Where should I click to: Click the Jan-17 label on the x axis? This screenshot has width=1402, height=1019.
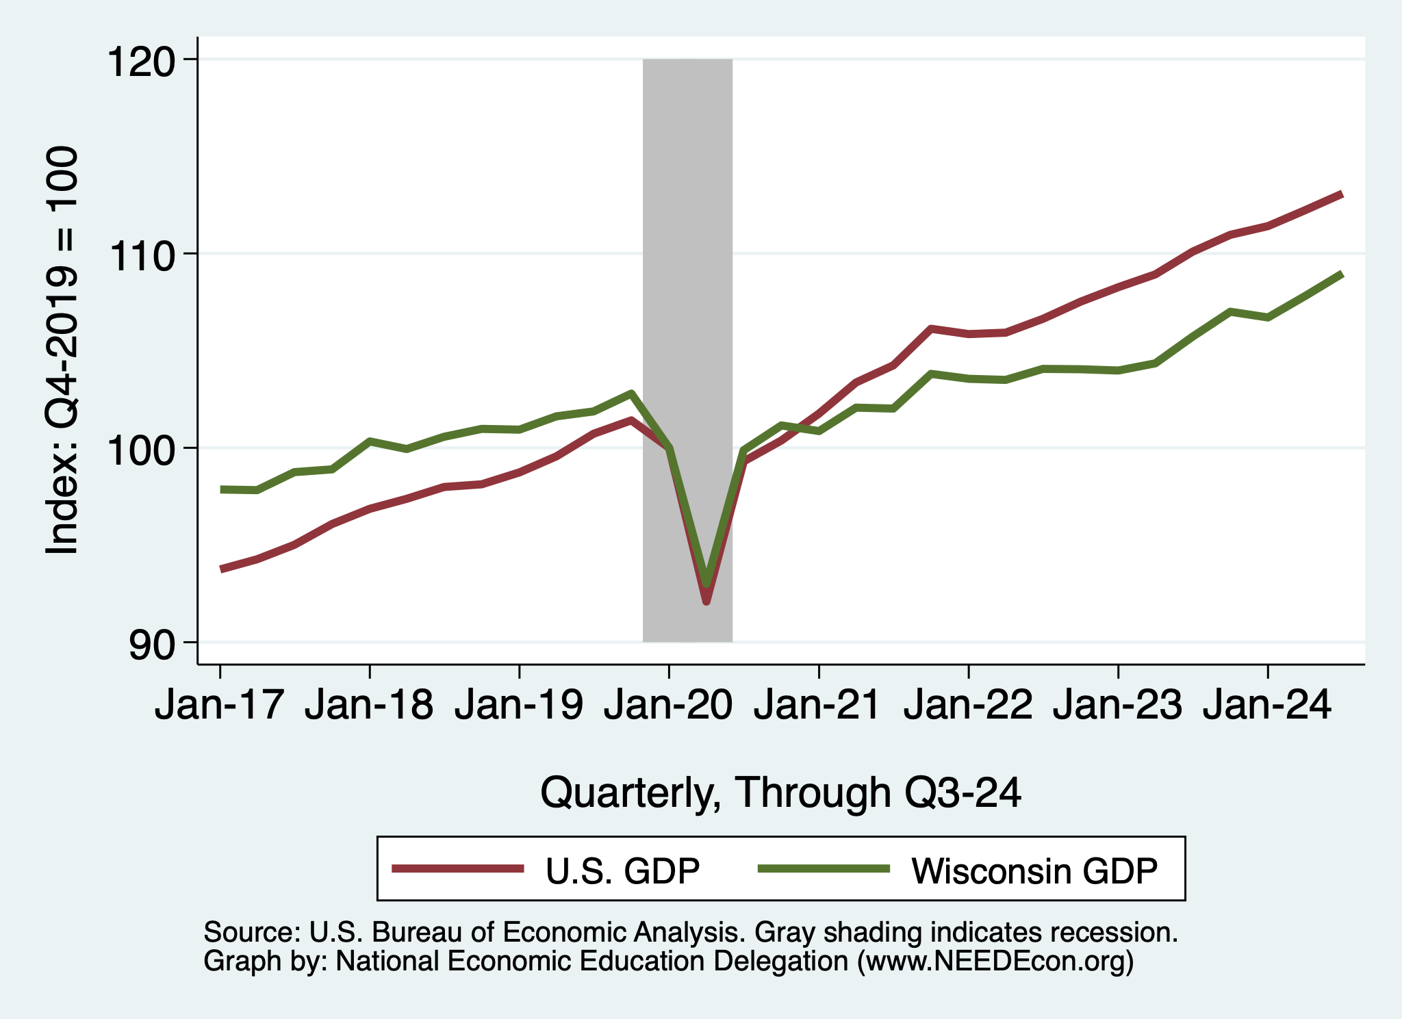(x=219, y=704)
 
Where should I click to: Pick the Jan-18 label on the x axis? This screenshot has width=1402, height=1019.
(x=369, y=704)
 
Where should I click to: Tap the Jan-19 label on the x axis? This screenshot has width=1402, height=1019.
(x=519, y=704)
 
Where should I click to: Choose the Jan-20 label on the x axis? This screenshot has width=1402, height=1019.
(x=668, y=704)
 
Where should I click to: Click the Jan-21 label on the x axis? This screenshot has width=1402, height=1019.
(x=817, y=704)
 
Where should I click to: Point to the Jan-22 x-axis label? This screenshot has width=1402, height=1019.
(x=968, y=704)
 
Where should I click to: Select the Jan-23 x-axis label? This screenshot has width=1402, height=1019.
(x=1117, y=704)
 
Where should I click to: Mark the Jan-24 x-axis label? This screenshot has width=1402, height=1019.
(x=1267, y=704)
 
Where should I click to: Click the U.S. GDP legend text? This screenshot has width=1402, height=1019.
(x=622, y=871)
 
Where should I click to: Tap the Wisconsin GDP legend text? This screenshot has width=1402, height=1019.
(x=1034, y=871)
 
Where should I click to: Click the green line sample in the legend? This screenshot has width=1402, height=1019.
(x=824, y=868)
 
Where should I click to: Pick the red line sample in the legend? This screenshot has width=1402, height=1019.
(x=458, y=868)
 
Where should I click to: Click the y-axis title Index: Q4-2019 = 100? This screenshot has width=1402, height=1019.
(x=62, y=350)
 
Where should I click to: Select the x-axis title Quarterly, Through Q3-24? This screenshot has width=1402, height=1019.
(x=780, y=792)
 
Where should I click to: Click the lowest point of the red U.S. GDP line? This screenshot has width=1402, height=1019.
(x=706, y=602)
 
